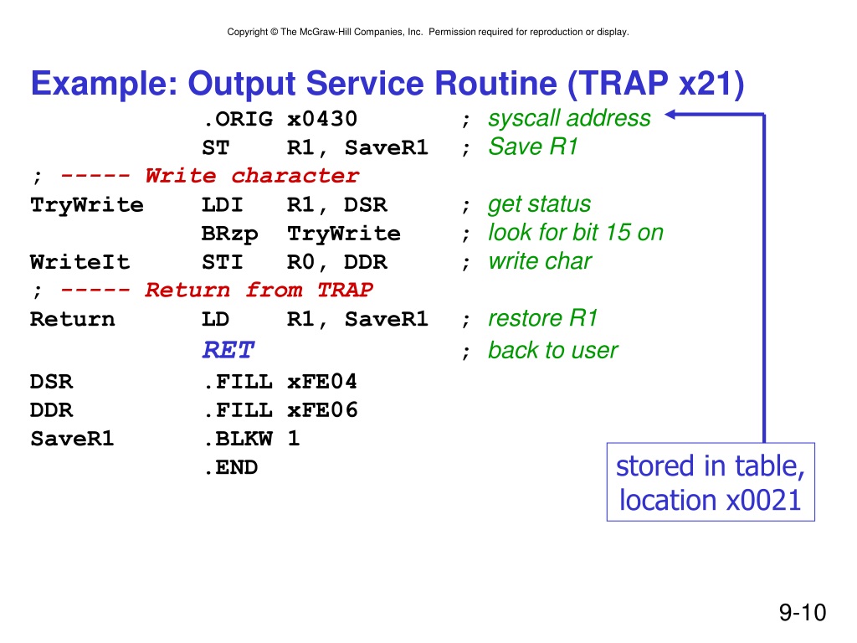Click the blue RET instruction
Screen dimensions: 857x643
tap(228, 350)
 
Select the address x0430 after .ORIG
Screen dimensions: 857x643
tap(322, 119)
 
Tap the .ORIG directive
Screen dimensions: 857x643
tap(238, 119)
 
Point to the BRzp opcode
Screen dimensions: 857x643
tap(229, 234)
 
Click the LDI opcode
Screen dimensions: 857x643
tap(222, 205)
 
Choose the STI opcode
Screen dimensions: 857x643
tap(222, 262)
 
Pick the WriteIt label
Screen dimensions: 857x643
tap(80, 262)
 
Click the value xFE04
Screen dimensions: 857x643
tap(322, 381)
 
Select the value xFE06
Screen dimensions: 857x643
tap(322, 410)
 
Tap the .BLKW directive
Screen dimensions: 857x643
tap(238, 439)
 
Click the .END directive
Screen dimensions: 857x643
tap(231, 467)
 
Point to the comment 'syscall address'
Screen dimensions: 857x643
tap(569, 118)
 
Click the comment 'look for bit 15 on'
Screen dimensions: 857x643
tap(576, 233)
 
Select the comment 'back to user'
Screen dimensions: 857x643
tap(552, 351)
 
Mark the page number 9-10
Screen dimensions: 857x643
tap(803, 612)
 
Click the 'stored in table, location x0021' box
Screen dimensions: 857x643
tap(711, 481)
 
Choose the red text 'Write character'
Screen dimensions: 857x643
tap(252, 176)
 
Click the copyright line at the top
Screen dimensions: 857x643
tap(428, 32)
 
